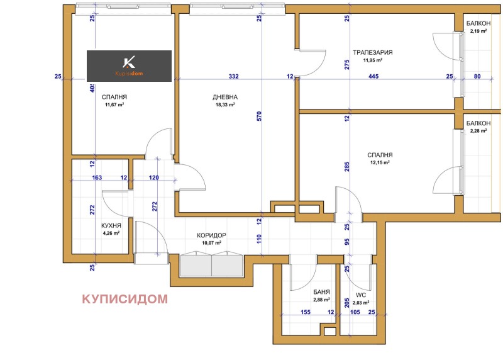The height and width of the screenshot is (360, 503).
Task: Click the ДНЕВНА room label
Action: coord(225,97)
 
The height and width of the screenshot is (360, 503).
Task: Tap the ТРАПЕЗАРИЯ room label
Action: coord(373,52)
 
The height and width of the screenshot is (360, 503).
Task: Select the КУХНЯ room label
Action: coord(111,225)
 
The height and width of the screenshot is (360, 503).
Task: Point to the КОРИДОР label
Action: coord(211,235)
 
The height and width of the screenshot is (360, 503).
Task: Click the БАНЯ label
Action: coord(321,292)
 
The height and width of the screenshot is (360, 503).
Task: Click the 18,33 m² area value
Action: coord(224,105)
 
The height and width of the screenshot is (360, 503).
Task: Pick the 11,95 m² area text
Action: coord(373,60)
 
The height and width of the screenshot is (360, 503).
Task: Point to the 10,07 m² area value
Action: coord(211,243)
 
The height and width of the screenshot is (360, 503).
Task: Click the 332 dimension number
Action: coord(233,77)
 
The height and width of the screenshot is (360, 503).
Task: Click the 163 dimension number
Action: coord(97,178)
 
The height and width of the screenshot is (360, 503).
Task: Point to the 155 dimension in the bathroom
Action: coord(306,312)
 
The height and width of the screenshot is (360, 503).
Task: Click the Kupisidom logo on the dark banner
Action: coord(129,65)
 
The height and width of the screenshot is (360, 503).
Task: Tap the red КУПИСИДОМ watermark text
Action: coord(124,299)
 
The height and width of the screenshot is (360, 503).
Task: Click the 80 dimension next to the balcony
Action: coord(477,77)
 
